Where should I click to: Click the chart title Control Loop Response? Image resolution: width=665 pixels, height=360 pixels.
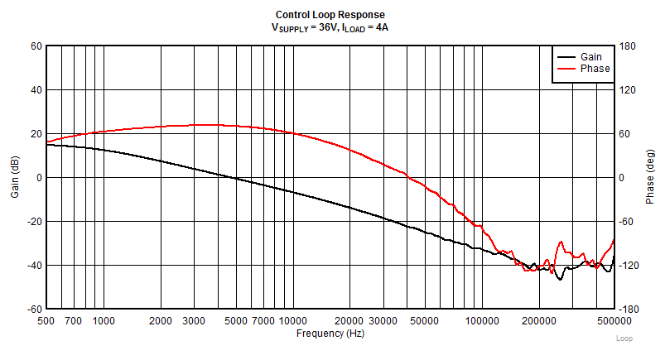(x=330, y=15)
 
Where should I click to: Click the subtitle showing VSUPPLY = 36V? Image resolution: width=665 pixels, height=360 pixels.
(x=330, y=27)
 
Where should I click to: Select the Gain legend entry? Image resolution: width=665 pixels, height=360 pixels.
(x=590, y=56)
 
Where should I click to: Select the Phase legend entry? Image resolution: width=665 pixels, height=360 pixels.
(x=594, y=69)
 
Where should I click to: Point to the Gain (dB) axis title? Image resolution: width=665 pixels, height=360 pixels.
(x=14, y=177)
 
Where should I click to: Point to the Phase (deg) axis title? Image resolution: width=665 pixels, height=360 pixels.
(x=650, y=177)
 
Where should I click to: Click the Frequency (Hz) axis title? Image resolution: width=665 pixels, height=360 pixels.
(x=330, y=334)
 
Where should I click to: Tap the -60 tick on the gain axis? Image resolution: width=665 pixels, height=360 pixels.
(x=34, y=309)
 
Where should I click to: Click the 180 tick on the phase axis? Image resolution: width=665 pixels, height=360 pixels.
(x=627, y=46)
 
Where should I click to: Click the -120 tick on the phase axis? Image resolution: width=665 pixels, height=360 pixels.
(x=629, y=265)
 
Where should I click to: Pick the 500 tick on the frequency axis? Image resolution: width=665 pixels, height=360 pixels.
(x=47, y=320)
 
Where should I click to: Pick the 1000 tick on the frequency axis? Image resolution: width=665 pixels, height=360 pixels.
(x=104, y=320)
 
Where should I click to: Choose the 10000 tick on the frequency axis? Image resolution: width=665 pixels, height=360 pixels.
(x=292, y=320)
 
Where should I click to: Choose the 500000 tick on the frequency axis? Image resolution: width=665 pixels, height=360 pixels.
(x=613, y=320)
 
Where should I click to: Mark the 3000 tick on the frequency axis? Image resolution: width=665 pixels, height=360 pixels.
(x=194, y=320)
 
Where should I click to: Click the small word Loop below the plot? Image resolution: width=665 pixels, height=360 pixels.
(x=624, y=338)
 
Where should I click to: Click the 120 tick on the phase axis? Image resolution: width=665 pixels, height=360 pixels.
(x=627, y=90)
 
